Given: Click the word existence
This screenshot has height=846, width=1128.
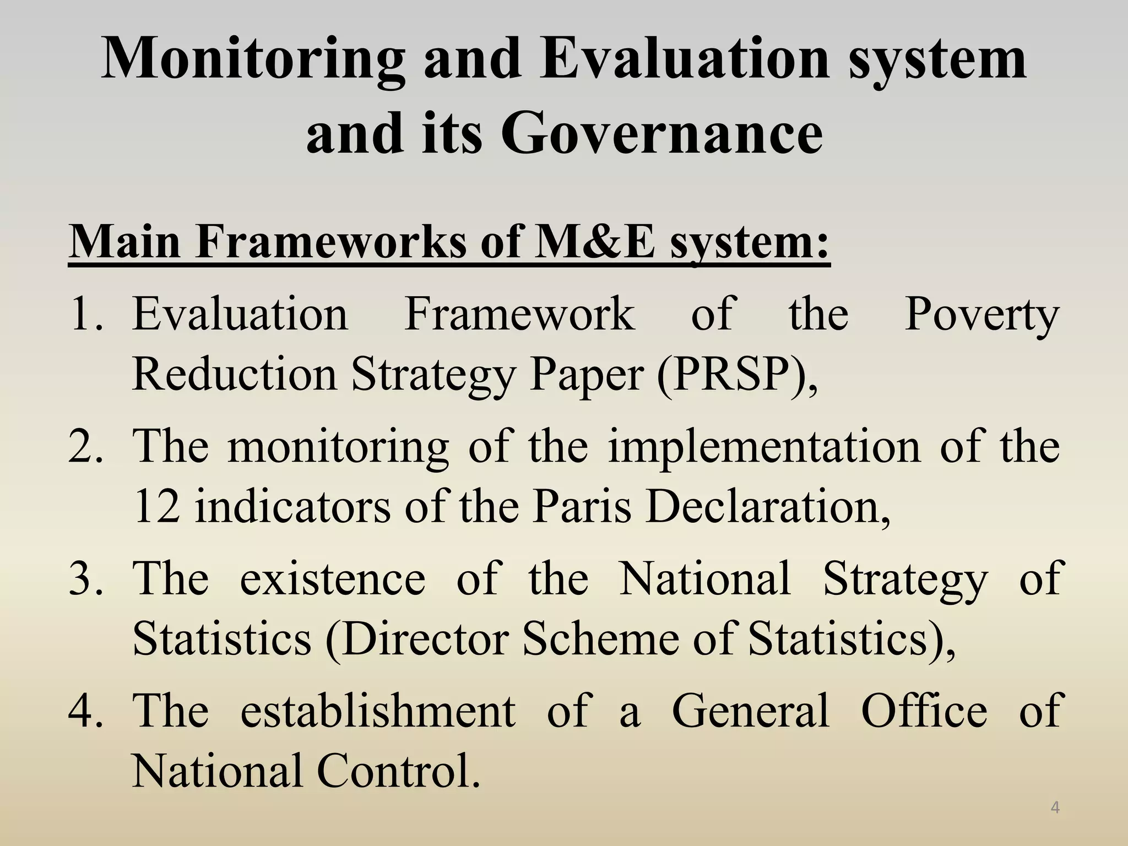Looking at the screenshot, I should tap(333, 578).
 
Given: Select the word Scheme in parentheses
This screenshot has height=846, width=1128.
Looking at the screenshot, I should tap(600, 639).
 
